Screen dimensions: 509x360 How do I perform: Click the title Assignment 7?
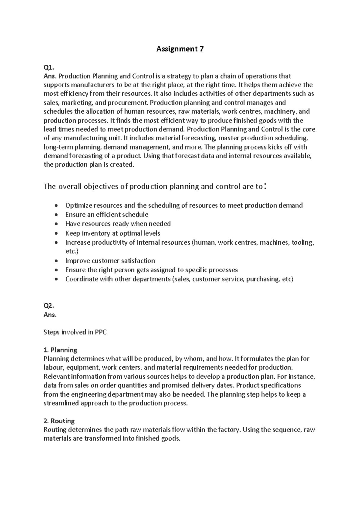pyautogui.click(x=180, y=49)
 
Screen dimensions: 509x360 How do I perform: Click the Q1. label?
pyautogui.click(x=49, y=67)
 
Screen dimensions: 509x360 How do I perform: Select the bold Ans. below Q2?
pyautogui.click(x=50, y=315)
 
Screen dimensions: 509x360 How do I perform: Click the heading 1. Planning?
pyautogui.click(x=60, y=350)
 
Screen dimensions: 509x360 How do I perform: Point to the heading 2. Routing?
pyautogui.click(x=59, y=421)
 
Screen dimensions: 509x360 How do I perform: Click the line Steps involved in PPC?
pyautogui.click(x=75, y=332)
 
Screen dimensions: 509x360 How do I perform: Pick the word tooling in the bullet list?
pyautogui.click(x=303, y=242)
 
